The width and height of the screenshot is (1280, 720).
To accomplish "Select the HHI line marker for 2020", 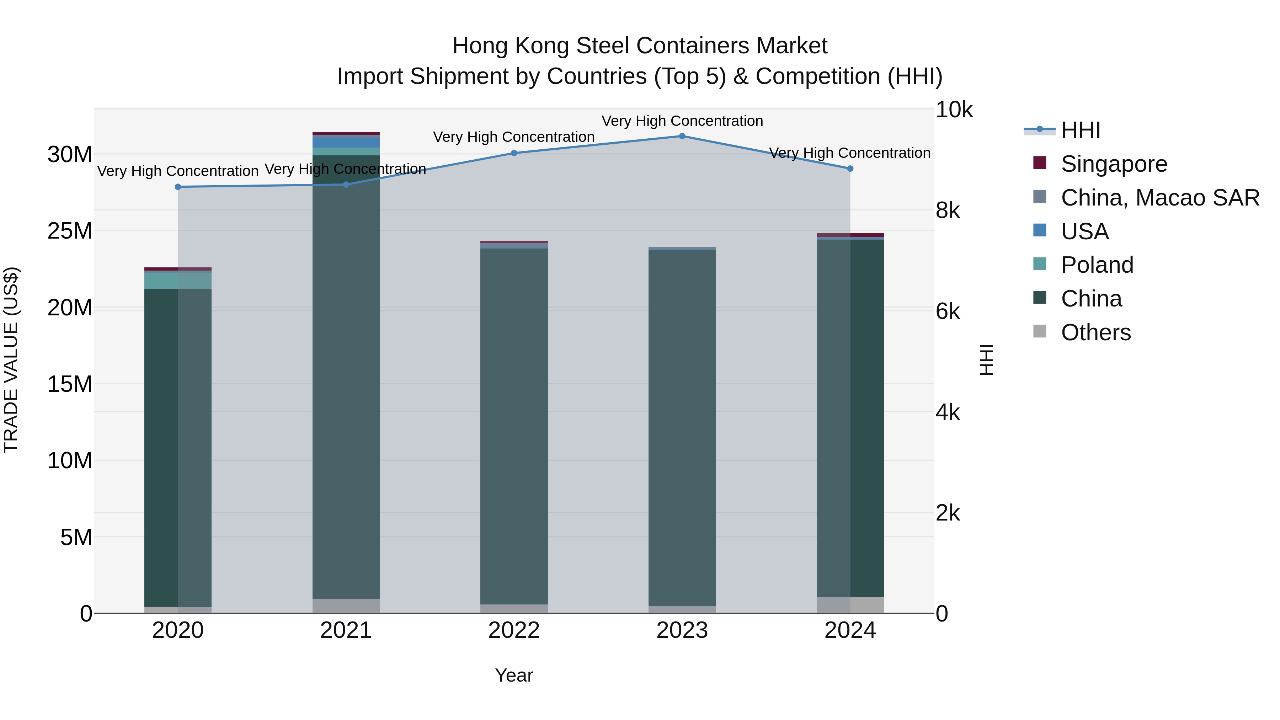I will (x=178, y=187).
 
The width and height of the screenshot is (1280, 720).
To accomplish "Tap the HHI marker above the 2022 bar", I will (x=514, y=153).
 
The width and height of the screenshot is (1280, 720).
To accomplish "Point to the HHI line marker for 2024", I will (x=850, y=169).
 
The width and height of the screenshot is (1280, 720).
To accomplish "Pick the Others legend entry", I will (x=1096, y=332).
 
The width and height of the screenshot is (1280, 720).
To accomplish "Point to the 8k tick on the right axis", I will (x=948, y=211).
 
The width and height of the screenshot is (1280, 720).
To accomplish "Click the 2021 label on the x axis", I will (x=346, y=630).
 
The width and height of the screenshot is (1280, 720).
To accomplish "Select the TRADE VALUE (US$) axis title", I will (x=11, y=360).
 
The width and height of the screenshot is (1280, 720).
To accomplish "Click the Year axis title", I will (x=514, y=675).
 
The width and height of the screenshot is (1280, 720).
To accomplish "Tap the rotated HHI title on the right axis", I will (x=986, y=360).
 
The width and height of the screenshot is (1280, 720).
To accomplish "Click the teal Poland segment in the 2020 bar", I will (x=177, y=281).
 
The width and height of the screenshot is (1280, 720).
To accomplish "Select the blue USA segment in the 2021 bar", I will (x=346, y=141).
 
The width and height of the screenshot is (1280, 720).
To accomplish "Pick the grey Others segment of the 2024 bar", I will (x=850, y=605).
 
